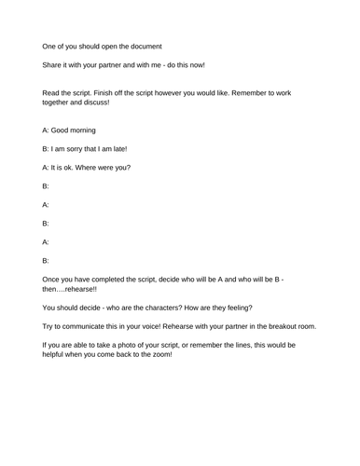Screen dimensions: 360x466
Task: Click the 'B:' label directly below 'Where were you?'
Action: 47,186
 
